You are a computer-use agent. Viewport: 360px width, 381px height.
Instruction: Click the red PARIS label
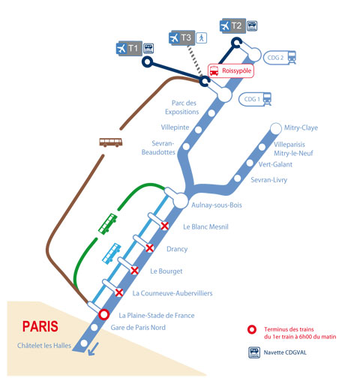40,326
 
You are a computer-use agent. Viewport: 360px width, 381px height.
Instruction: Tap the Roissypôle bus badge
231,70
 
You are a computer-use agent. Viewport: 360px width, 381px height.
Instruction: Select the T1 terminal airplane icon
121,49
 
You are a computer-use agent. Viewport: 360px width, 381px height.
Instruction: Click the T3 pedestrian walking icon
201,37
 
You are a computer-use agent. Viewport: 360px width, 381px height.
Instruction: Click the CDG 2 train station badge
280,58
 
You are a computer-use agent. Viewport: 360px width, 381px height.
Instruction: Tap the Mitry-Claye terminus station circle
276,128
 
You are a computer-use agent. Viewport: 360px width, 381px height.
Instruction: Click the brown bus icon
111,142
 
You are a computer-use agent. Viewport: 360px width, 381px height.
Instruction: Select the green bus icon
107,223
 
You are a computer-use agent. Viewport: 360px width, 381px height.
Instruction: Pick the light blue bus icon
112,253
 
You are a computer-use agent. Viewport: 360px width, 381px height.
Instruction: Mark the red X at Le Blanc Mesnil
164,226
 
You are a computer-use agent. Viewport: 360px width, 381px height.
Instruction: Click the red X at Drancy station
149,248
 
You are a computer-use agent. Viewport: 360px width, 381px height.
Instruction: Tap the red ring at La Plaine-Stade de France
103,314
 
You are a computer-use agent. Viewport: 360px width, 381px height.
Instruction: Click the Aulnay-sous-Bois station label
217,205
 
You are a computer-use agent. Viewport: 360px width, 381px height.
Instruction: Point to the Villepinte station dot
199,130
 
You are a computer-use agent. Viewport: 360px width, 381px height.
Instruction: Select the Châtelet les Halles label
44,346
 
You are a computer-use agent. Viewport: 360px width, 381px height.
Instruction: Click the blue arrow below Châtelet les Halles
93,349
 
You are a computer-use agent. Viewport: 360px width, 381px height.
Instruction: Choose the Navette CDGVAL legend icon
254,352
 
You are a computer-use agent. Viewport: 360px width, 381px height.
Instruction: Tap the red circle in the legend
252,329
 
